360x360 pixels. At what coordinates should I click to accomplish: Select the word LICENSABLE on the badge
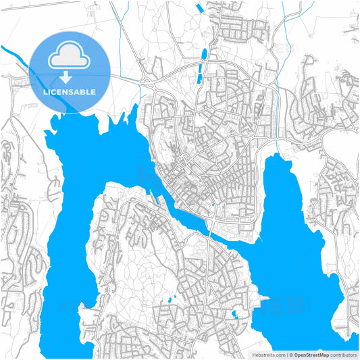pyautogui.click(x=70, y=92)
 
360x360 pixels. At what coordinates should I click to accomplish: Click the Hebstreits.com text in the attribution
pyautogui.click(x=268, y=354)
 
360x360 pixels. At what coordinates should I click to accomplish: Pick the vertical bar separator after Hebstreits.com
pyautogui.click(x=286, y=354)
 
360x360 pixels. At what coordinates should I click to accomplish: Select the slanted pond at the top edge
pyautogui.click(x=199, y=7)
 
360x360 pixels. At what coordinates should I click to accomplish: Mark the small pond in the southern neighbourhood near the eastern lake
pyautogui.click(x=234, y=314)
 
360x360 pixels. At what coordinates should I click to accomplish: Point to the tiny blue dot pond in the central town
pyautogui.click(x=213, y=203)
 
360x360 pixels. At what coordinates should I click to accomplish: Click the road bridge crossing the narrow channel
pyautogui.click(x=212, y=224)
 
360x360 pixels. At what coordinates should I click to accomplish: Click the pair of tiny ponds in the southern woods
pyautogui.click(x=170, y=298)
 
